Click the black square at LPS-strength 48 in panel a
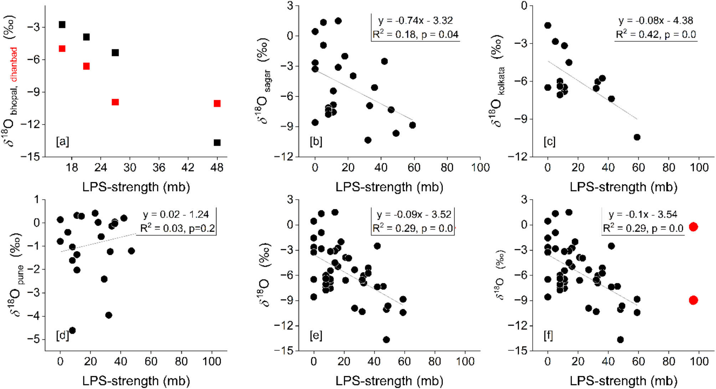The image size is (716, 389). click(217, 143)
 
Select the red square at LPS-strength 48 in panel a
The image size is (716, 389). click(217, 103)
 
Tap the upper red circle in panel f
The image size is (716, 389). click(693, 227)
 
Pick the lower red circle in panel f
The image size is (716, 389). click(693, 300)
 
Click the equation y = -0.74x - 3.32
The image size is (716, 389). click(415, 21)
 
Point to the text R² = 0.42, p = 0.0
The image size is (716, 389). click(656, 35)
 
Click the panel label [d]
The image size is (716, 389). click(62, 336)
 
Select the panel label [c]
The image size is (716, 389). click(549, 142)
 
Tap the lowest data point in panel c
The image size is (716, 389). click(637, 137)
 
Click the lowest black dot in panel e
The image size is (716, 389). click(386, 339)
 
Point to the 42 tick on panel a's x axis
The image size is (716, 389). click(188, 168)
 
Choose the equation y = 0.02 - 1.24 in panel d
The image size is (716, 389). click(176, 215)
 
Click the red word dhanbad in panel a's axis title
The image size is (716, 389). click(14, 65)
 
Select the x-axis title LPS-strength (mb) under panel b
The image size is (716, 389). click(389, 187)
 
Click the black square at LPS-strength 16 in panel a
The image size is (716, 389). click(62, 25)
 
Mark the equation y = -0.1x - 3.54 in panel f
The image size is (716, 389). click(643, 215)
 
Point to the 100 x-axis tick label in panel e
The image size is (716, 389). click(465, 362)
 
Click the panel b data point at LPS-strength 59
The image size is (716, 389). click(412, 125)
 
